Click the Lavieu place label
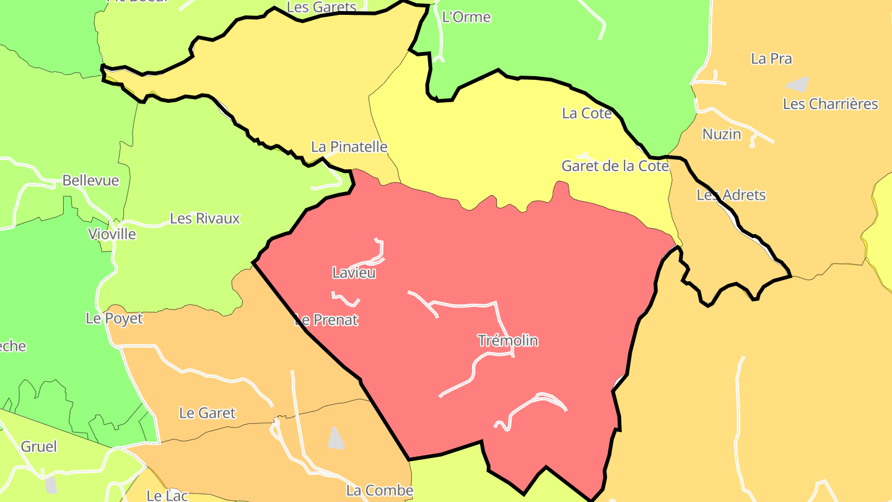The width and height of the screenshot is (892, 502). (354, 273)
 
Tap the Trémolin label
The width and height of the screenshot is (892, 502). (508, 340)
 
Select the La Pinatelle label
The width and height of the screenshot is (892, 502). (349, 147)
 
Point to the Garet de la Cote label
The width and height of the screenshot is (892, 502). (614, 166)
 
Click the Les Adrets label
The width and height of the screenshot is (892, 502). (731, 195)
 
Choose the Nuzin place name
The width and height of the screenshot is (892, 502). (721, 134)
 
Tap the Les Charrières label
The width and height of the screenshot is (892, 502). (830, 104)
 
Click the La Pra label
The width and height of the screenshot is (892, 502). (771, 59)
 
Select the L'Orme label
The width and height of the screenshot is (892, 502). (466, 17)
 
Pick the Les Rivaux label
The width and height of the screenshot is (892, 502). (204, 219)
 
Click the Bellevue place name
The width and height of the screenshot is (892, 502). (90, 180)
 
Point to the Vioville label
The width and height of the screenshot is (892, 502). (111, 234)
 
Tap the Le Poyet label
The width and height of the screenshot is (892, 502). (114, 319)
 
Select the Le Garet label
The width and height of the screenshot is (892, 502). (207, 413)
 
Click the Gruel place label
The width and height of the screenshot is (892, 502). (38, 447)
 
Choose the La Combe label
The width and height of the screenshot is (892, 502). (379, 491)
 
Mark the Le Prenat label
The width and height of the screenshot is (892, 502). (326, 320)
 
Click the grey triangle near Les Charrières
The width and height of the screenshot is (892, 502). (798, 84)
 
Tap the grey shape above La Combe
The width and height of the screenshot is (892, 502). (336, 438)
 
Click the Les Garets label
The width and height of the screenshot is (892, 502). (321, 7)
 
